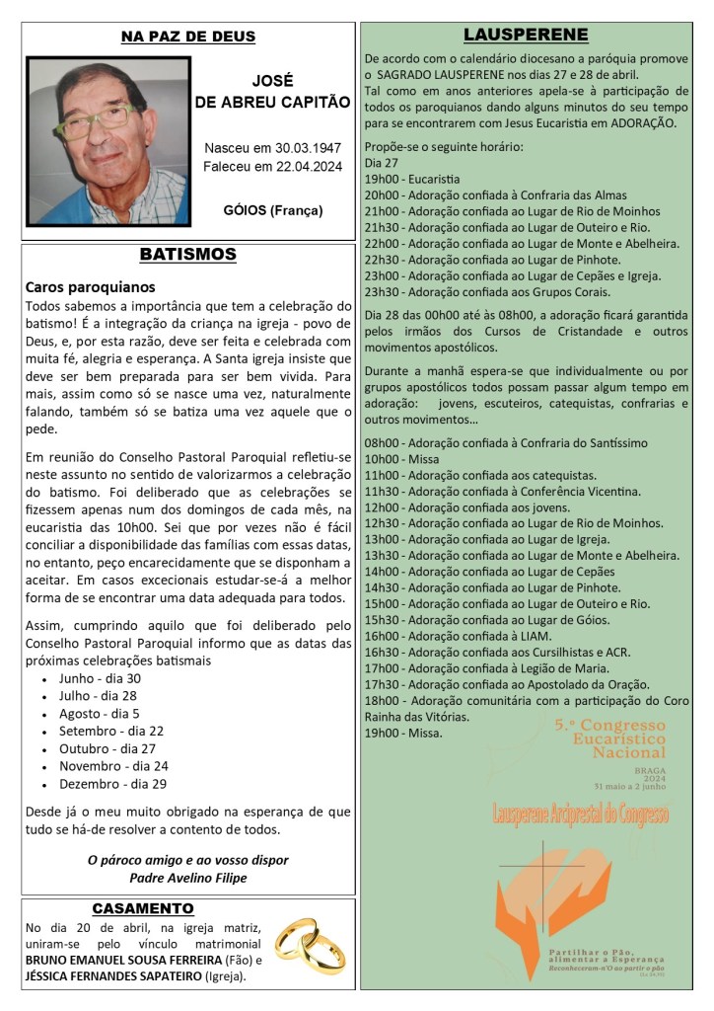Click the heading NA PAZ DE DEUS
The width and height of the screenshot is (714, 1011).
(187, 38)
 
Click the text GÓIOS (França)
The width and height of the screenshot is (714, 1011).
(272, 210)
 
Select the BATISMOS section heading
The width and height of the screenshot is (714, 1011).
(187, 255)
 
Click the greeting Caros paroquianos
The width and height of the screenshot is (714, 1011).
(90, 287)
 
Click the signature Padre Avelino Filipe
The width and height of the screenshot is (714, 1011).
(187, 877)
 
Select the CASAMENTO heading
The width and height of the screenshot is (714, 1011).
(143, 907)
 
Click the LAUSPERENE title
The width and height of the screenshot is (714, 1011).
(526, 36)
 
